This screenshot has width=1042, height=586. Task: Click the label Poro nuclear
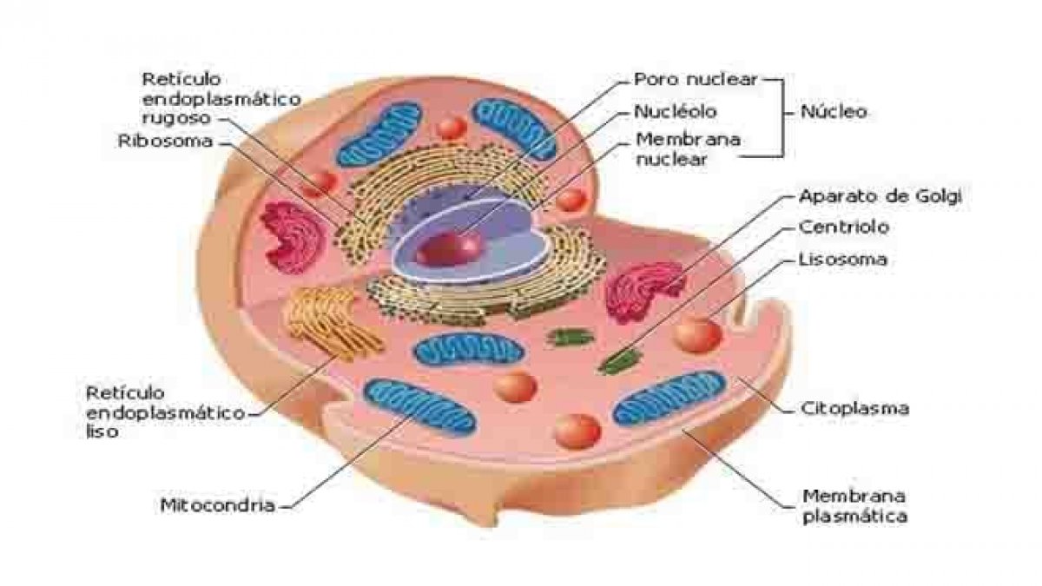tap(696, 80)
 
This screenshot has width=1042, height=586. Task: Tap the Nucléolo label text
tap(676, 112)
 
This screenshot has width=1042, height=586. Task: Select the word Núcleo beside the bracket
tap(834, 112)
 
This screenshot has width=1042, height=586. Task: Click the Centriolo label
tap(844, 227)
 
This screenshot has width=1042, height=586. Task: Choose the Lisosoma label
tap(843, 259)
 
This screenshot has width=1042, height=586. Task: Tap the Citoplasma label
tap(855, 408)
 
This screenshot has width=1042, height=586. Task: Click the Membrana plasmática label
tap(855, 506)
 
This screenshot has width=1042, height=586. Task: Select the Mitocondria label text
tap(218, 505)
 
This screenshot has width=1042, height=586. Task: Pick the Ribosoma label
tap(165, 141)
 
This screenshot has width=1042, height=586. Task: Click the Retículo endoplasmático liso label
tap(165, 412)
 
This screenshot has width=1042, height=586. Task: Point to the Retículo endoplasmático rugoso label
tap(221, 99)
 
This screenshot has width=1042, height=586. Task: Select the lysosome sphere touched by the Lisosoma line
tap(698, 334)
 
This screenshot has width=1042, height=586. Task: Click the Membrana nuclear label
tap(688, 149)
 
